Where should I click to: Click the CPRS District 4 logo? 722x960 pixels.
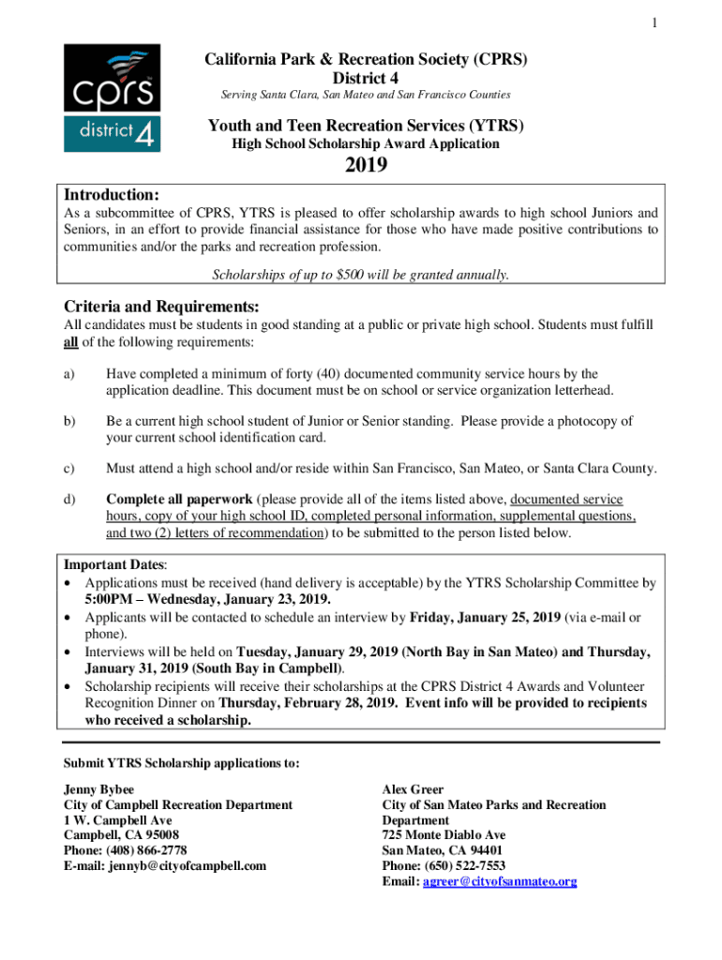[x=112, y=97]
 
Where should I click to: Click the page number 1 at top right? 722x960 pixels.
[x=654, y=23]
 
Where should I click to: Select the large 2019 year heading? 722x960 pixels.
[x=366, y=168]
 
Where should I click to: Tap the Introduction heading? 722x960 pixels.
[x=111, y=195]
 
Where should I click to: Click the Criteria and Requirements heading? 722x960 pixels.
[x=160, y=307]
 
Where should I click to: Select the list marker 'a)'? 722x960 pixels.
[x=69, y=374]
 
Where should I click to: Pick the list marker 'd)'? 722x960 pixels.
[x=69, y=500]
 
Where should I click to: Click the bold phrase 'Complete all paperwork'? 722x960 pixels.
[x=179, y=500]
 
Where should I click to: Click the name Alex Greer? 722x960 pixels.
[x=413, y=789]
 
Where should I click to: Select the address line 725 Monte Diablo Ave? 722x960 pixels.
[x=444, y=835]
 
